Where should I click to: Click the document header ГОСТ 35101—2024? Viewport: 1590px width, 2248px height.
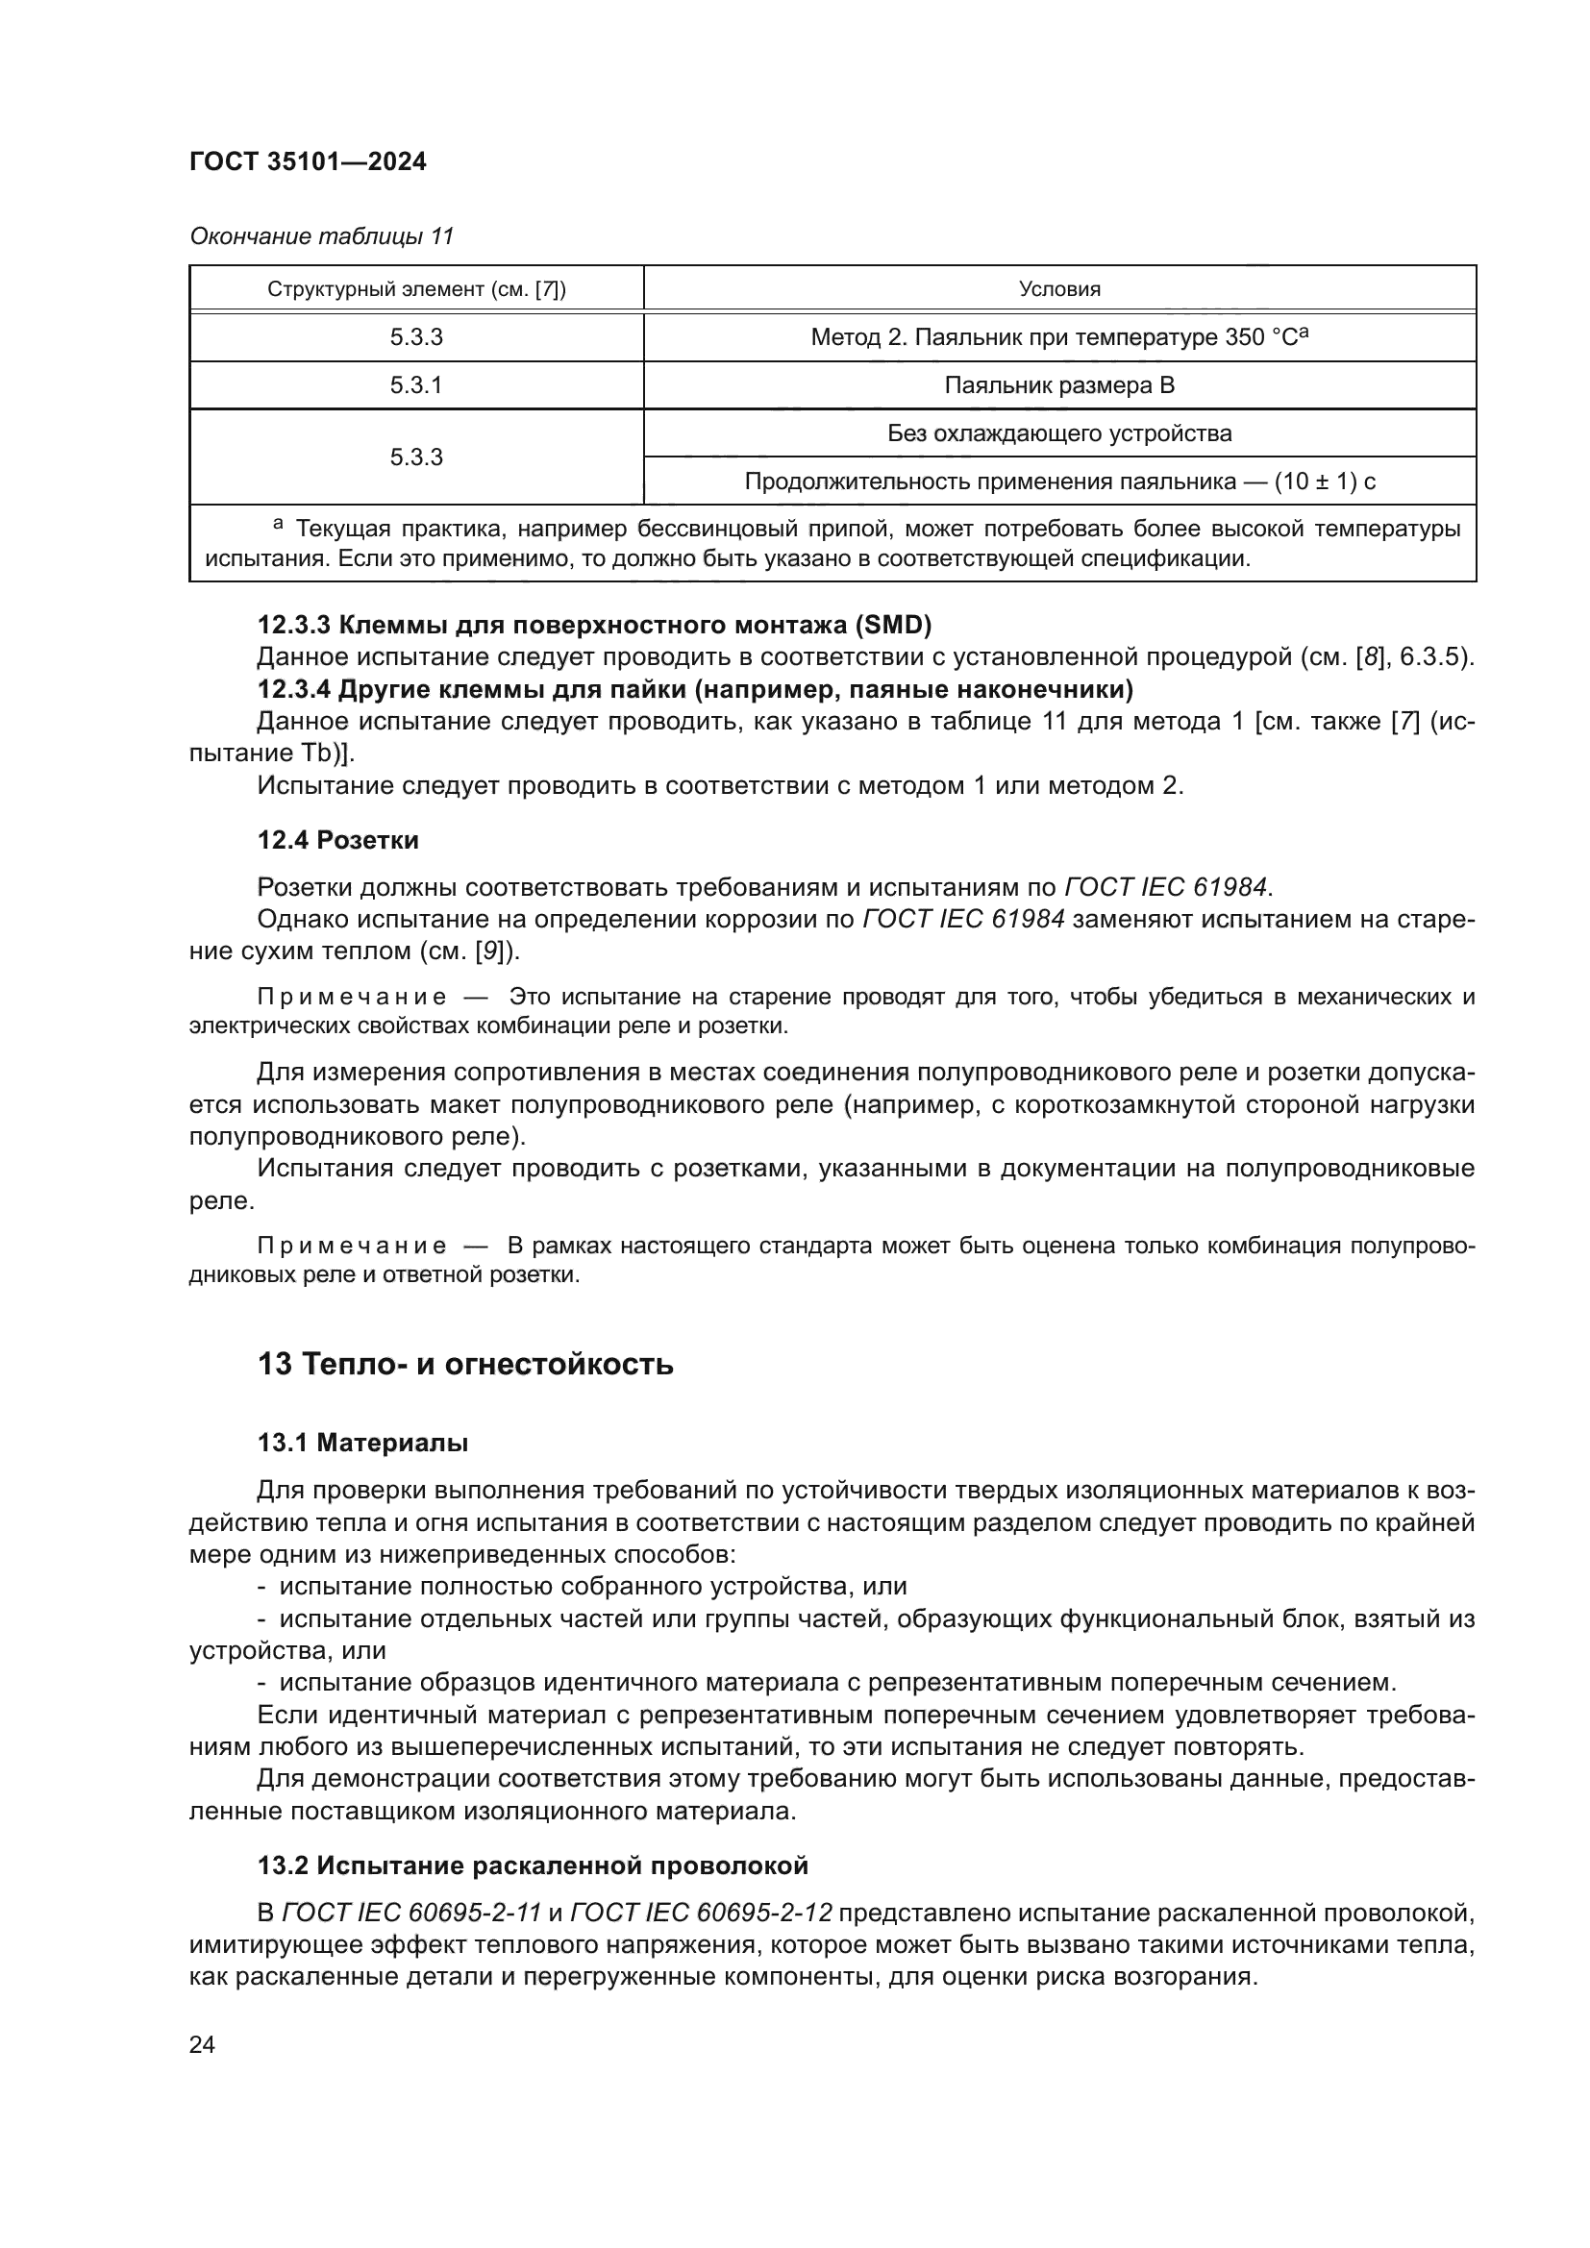pos(308,161)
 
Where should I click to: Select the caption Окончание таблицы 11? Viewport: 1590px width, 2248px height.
pos(321,236)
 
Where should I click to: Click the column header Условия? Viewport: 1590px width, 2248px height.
pos(1059,289)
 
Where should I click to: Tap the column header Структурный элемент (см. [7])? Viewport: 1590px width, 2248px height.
pos(416,289)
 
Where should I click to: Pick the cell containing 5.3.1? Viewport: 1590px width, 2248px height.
pos(416,384)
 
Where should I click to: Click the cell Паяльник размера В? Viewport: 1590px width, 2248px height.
pos(1059,384)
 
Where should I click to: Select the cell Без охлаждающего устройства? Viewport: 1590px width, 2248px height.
pos(1059,432)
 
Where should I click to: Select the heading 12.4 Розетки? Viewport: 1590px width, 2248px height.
pos(337,840)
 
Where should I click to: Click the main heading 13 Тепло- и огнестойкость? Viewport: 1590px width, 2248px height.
pos(465,1364)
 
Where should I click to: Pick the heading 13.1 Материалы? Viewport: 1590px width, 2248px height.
pos(362,1444)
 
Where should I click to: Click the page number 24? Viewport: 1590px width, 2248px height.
pos(202,2044)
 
